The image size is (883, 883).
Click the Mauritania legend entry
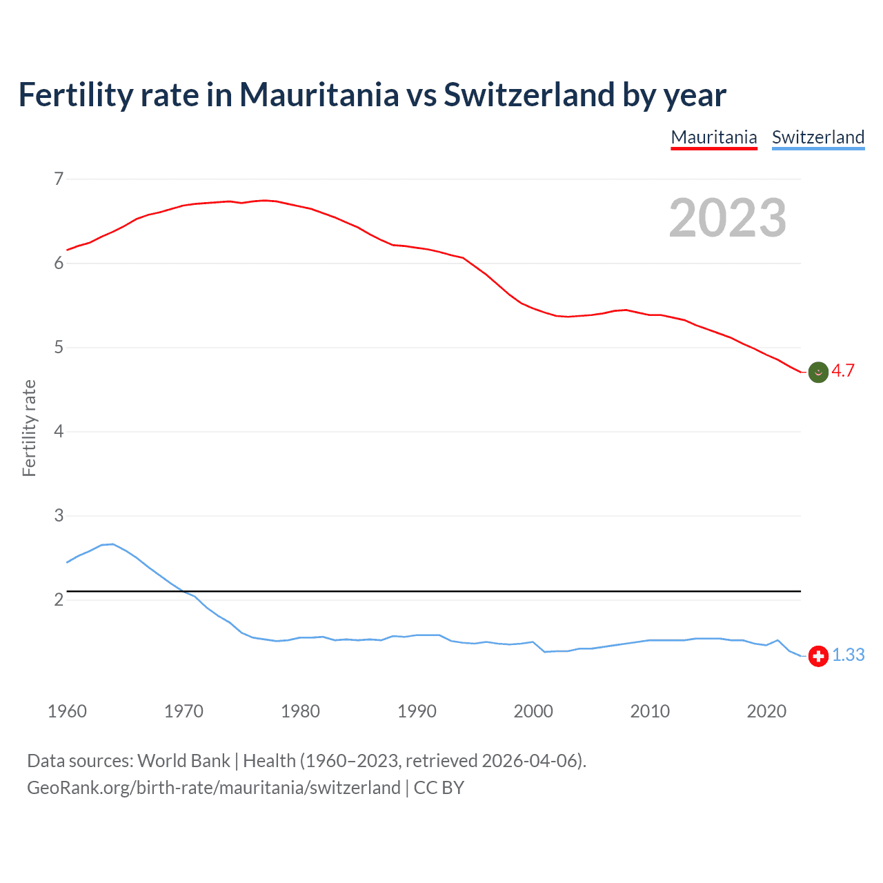pyautogui.click(x=714, y=137)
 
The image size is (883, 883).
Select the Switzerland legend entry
pyautogui.click(x=818, y=137)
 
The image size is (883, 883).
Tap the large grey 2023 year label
pyautogui.click(x=728, y=218)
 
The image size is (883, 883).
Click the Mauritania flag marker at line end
pyautogui.click(x=818, y=372)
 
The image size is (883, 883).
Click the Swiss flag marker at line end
pyautogui.click(x=818, y=656)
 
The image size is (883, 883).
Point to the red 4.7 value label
pyautogui.click(x=843, y=371)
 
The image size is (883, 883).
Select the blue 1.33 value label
pyautogui.click(x=849, y=655)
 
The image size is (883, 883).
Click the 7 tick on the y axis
pyautogui.click(x=59, y=179)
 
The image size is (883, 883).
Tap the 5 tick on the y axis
pyautogui.click(x=59, y=348)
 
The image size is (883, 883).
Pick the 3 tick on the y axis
pyautogui.click(x=59, y=516)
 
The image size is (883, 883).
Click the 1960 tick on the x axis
pyautogui.click(x=67, y=711)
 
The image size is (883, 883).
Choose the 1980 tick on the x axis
pyautogui.click(x=300, y=711)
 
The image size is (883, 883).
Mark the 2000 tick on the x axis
pyautogui.click(x=533, y=711)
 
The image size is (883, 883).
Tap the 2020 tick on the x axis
pyautogui.click(x=766, y=711)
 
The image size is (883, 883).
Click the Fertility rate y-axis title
pyautogui.click(x=29, y=428)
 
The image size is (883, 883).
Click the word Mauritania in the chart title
pyautogui.click(x=319, y=95)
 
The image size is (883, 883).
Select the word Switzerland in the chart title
pyautogui.click(x=528, y=95)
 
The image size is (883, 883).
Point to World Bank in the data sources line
pyautogui.click(x=183, y=761)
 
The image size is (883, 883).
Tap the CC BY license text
pyautogui.click(x=439, y=788)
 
